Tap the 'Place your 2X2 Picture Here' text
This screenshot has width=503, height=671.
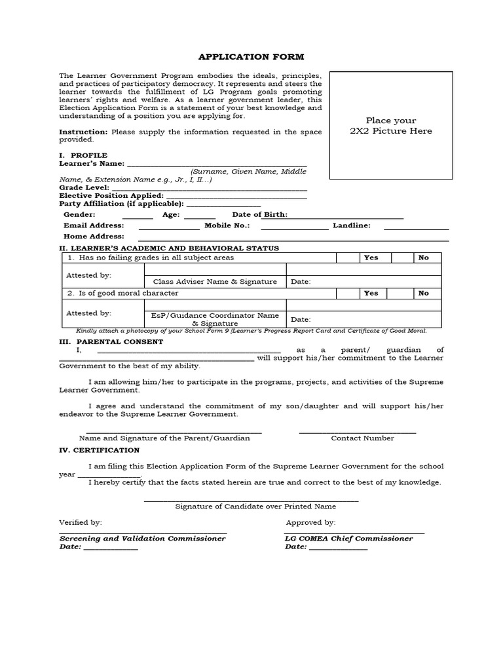[x=390, y=126]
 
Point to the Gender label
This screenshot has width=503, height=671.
[x=79, y=215]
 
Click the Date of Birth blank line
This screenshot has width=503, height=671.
[x=346, y=217]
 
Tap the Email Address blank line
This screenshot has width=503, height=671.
[x=169, y=228]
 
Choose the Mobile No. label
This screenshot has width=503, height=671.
[x=227, y=225]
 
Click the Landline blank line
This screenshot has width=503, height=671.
[x=416, y=228]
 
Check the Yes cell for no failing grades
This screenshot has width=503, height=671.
[x=371, y=258]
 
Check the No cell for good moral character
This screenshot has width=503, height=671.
[x=424, y=293]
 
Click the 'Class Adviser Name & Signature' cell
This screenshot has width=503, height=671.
[x=215, y=282]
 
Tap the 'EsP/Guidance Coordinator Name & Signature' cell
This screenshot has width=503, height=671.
[x=215, y=319]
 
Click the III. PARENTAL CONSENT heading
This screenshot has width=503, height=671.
[x=111, y=342]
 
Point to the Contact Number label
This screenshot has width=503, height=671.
[x=362, y=438]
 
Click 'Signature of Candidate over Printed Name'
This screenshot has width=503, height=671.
[x=255, y=507]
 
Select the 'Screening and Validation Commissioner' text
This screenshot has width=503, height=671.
[x=142, y=538]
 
